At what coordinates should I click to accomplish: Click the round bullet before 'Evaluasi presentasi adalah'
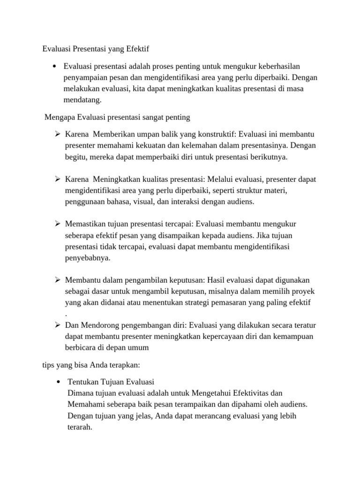click(55, 66)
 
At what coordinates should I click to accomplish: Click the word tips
click(49, 364)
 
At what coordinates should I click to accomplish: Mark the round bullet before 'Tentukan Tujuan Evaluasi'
click(58, 382)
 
